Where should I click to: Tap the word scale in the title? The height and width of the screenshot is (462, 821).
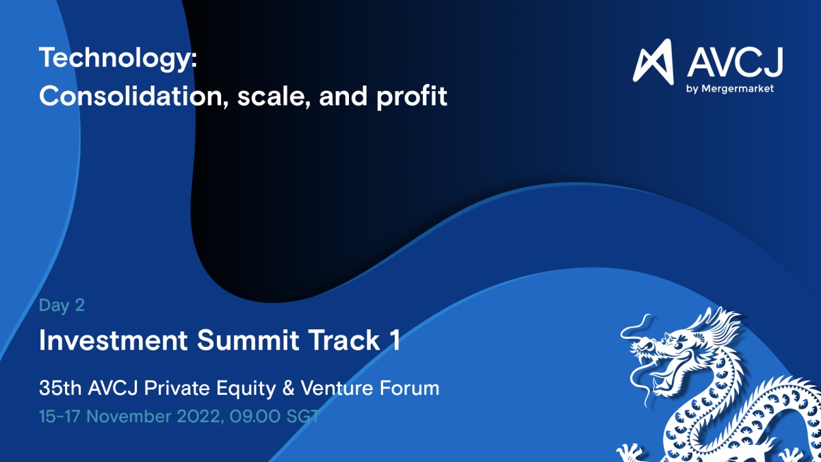[x=274, y=97]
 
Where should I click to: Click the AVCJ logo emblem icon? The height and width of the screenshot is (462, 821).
[x=653, y=62]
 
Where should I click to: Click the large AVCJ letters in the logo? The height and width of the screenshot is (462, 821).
[x=735, y=62]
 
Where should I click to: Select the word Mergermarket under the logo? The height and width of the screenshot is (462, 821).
[x=738, y=88]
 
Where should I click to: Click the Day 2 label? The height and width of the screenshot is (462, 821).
[x=62, y=305]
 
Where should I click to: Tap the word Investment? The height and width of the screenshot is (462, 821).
[x=114, y=340]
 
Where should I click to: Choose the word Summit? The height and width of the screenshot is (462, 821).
[x=248, y=340]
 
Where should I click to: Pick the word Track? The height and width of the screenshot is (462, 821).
[x=343, y=340]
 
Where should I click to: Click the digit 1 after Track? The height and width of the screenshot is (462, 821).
[x=395, y=340]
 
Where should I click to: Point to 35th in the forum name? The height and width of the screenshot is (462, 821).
[x=60, y=388]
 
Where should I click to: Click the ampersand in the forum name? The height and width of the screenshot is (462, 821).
[x=289, y=388]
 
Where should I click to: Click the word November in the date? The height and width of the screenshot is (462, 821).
[x=129, y=417]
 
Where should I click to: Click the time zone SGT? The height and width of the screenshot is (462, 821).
[x=302, y=417]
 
